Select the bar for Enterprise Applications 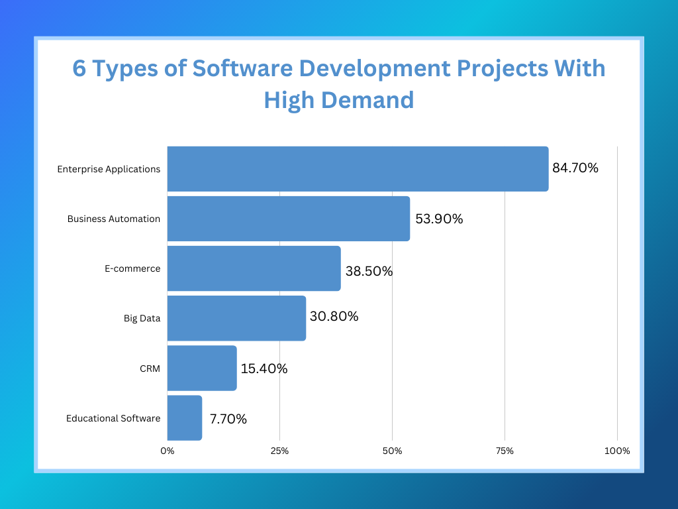[358, 169]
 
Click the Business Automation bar [288, 219]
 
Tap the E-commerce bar [254, 268]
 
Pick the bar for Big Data [236, 318]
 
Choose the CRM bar [202, 368]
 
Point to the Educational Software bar [184, 418]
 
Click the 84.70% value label [575, 168]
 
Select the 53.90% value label [439, 219]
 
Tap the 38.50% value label [369, 271]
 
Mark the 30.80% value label [334, 317]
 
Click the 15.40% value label [264, 368]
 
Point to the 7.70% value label [228, 419]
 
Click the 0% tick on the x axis [168, 451]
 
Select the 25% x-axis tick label [279, 451]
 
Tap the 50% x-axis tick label [392, 451]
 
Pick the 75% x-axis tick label [505, 451]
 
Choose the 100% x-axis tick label [617, 451]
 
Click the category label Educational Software [113, 418]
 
